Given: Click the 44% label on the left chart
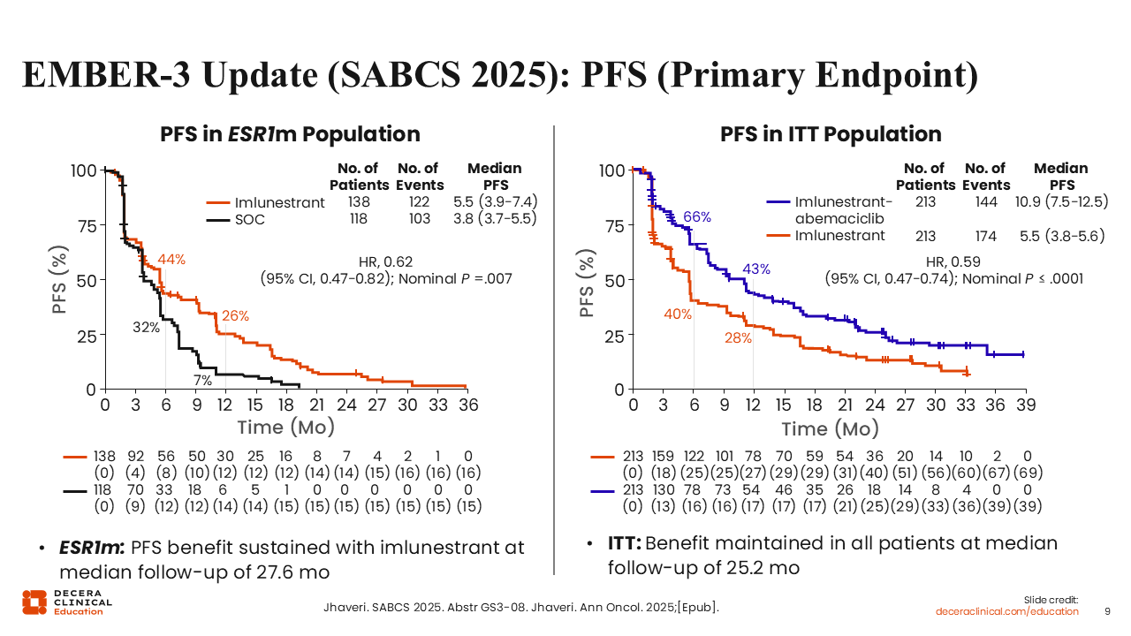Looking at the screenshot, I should [x=171, y=260].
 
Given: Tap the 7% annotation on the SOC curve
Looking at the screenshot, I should [x=203, y=382].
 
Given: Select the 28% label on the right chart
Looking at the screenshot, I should [x=739, y=337].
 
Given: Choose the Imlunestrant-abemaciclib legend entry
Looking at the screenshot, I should [x=844, y=210].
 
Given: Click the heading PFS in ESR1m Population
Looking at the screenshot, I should [x=290, y=134].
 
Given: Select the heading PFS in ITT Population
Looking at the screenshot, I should [x=831, y=134].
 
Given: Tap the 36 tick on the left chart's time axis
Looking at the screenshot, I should [x=467, y=405].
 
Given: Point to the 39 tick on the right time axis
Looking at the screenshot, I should [x=1024, y=405].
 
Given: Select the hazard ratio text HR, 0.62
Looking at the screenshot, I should [x=385, y=261].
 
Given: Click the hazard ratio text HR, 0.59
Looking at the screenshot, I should [x=953, y=261].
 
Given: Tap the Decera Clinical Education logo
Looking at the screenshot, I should [x=67, y=602].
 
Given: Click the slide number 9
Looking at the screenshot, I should [x=1108, y=611].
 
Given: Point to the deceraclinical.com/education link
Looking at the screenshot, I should [x=1007, y=611].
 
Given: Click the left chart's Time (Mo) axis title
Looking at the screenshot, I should [x=285, y=428].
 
